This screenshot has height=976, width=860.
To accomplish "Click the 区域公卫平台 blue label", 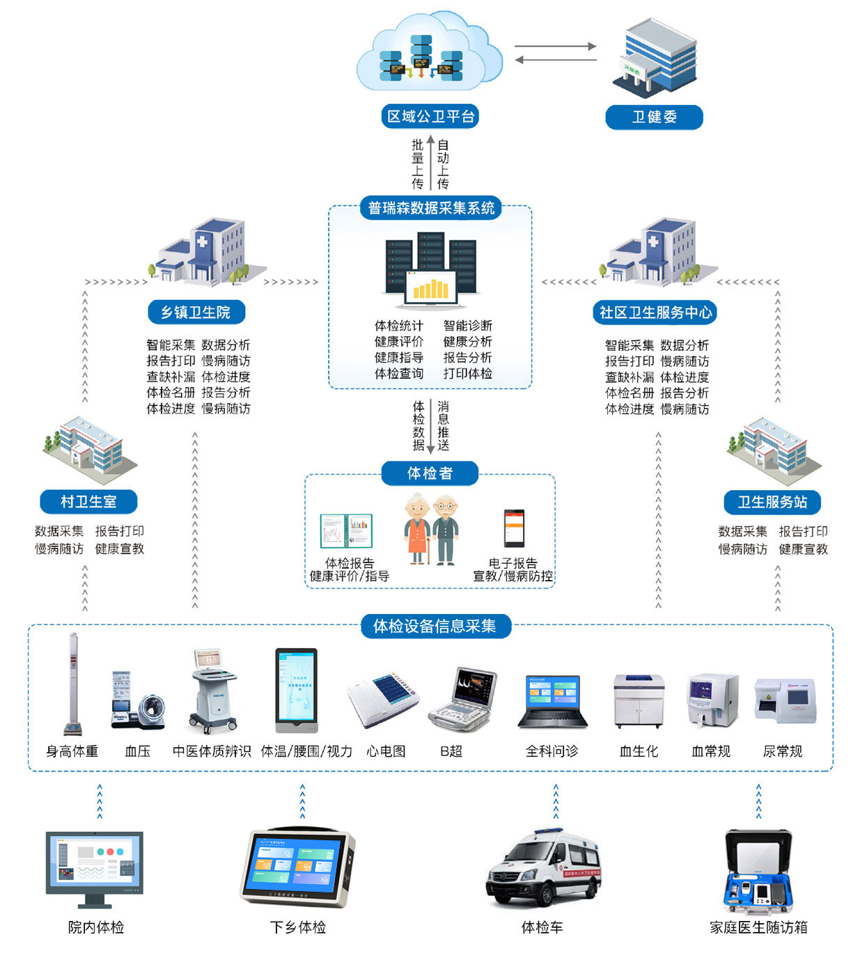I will coord(430,116).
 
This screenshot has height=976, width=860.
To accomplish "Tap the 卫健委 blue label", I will coord(654,117).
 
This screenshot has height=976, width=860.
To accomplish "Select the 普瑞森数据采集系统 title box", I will coord(431,207).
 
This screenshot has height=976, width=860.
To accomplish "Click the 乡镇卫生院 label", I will coord(196,312).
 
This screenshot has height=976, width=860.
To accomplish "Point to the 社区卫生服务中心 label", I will coord(655,313).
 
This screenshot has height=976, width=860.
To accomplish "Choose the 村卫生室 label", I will coord(88,501).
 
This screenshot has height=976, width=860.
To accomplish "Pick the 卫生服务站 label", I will coord(772,502).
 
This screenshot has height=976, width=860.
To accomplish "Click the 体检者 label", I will coord(430,473).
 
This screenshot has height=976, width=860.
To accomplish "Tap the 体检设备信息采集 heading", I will coord(435,626).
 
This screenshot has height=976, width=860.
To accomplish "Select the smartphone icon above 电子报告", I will coord(514,528).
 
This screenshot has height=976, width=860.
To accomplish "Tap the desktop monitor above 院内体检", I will coord(95,867).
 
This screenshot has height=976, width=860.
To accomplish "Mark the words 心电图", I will coord(386,751).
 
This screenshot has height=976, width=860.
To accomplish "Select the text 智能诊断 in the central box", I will coord(467,326).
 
